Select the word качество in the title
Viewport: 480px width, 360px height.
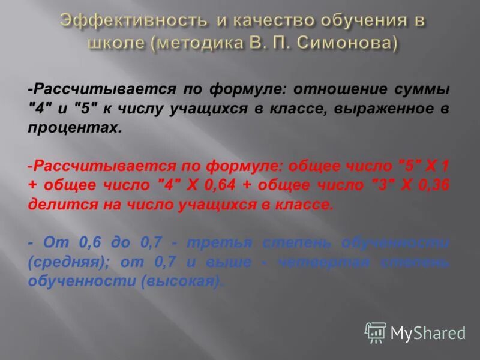(x=268, y=21)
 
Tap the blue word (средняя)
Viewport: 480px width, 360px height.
(x=67, y=262)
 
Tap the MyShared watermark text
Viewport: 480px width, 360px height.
(x=428, y=332)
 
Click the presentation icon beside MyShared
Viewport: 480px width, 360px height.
(x=375, y=332)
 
